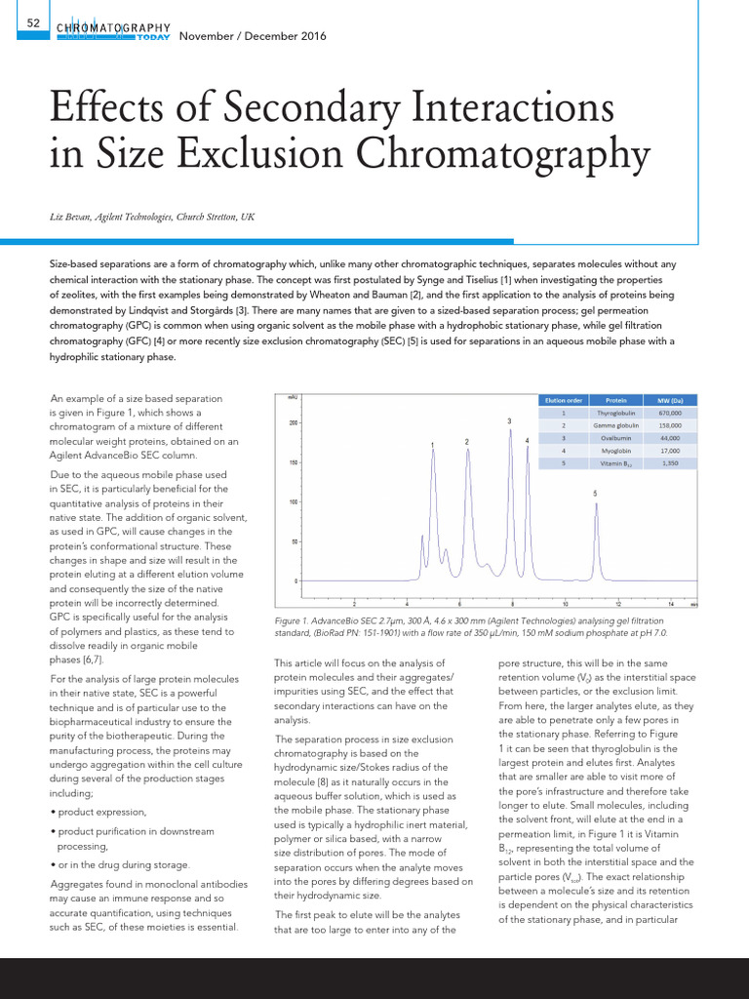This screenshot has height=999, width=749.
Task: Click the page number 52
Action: (33, 21)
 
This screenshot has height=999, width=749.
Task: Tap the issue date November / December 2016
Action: (254, 37)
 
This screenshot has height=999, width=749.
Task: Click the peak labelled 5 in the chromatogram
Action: (595, 507)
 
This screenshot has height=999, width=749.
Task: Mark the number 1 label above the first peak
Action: (432, 446)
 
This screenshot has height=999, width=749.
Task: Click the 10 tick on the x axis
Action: (566, 603)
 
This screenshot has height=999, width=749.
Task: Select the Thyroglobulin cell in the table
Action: (616, 413)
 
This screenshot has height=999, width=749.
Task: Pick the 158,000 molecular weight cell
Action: (669, 425)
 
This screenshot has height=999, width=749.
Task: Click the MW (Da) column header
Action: (669, 400)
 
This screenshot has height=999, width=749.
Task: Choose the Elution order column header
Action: (563, 400)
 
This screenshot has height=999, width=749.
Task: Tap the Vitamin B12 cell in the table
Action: (616, 463)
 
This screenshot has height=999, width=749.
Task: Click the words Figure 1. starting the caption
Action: (294, 619)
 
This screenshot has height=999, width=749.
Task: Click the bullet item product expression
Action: (101, 812)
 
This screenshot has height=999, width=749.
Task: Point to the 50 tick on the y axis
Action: (294, 540)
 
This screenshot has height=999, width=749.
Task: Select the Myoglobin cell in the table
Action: (616, 451)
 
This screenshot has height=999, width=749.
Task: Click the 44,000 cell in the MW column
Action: (669, 438)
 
